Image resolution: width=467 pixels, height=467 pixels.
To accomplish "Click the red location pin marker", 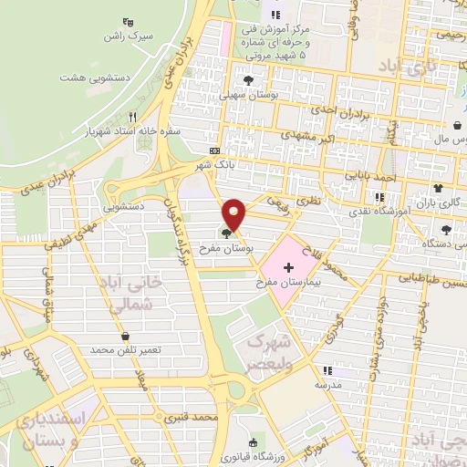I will (x=235, y=213).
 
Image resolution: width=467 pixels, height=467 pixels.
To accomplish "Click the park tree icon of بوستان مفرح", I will (x=226, y=234).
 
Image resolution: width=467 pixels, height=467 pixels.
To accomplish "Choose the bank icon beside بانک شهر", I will (x=214, y=150).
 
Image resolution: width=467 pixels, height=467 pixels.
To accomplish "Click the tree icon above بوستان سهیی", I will (x=250, y=78).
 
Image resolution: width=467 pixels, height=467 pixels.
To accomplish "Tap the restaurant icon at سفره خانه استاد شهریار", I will (x=133, y=116).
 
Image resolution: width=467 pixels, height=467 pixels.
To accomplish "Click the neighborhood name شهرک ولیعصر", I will (x=266, y=354).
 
